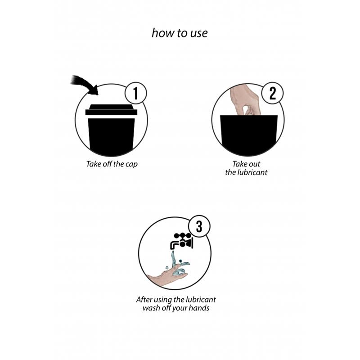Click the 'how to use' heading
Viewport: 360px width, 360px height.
[180, 33]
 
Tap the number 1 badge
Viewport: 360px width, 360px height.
[136, 93]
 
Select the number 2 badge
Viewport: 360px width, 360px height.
[273, 93]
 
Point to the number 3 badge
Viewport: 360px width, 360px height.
[199, 226]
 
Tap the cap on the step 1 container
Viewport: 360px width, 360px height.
[111, 110]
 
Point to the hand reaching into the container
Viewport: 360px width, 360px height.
[245, 100]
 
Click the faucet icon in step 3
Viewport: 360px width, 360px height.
[182, 241]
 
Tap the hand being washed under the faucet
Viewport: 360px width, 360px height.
[167, 276]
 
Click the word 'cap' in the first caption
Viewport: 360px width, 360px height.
[131, 164]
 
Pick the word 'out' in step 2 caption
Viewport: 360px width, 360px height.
[254, 164]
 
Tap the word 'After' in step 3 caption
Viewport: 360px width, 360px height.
[144, 299]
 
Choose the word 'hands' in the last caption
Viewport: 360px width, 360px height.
[200, 308]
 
